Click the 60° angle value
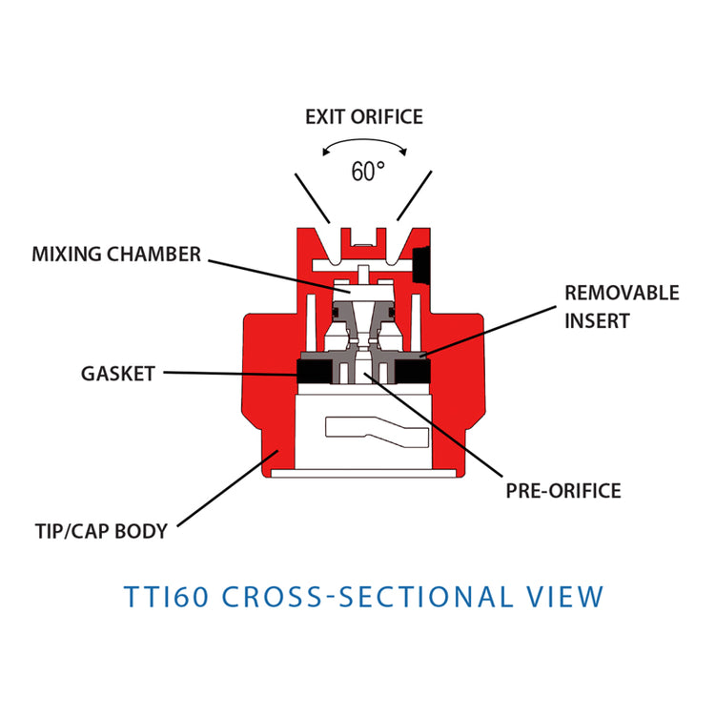click(x=367, y=173)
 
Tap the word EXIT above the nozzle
click(x=327, y=117)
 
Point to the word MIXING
click(x=65, y=255)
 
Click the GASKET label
click(x=117, y=374)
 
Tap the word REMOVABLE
click(x=622, y=293)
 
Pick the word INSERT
click(x=597, y=321)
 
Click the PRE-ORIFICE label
click(x=563, y=492)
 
